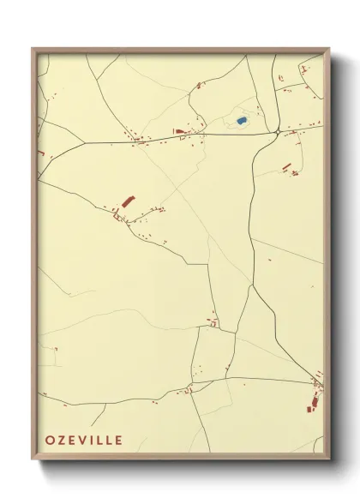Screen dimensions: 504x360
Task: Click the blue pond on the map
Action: pos(243,121)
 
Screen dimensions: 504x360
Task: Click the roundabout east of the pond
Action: pos(277,131)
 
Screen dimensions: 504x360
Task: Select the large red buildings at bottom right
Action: pos(315,399)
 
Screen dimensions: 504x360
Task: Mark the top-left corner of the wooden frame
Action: pos(33,49)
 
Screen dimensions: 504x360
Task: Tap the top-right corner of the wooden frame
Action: pos(330,49)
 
